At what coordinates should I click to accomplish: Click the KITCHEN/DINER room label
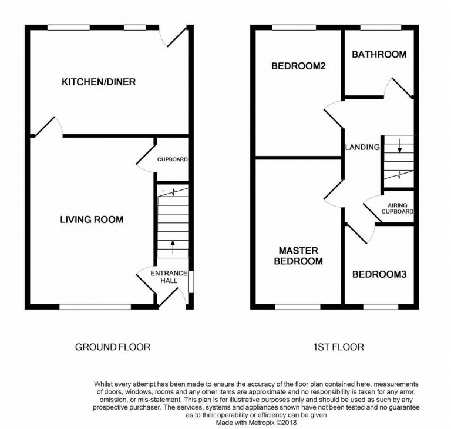coord(99,82)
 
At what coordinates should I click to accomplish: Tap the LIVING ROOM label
coord(92,220)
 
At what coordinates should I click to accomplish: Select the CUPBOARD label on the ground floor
coord(172,159)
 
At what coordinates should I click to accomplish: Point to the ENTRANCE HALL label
coord(169,277)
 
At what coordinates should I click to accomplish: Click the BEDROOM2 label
coord(298,66)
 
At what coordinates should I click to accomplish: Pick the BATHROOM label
coord(379,55)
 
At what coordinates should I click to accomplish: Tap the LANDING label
coord(362,147)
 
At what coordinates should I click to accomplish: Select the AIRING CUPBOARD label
coord(398,208)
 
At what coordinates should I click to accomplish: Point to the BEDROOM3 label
coord(379,274)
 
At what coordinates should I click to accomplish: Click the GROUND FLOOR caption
coord(113,347)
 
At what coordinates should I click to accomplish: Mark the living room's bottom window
coord(95,306)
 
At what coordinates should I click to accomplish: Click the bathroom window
coord(381,27)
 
